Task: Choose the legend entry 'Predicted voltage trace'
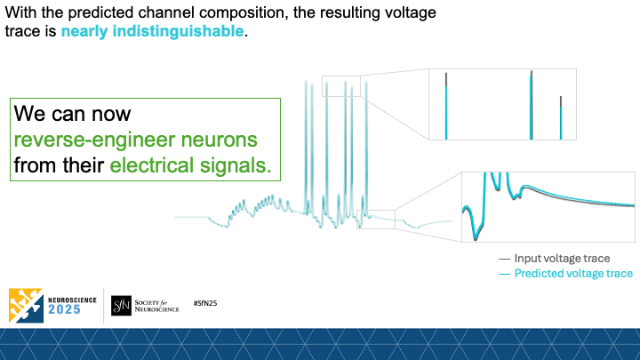[573, 274]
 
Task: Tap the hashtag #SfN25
[205, 304]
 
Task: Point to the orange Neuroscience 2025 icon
[24, 305]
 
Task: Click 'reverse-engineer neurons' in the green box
[135, 140]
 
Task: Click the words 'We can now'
[72, 115]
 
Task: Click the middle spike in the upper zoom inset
[532, 105]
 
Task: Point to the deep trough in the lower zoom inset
[475, 233]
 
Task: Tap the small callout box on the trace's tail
[381, 219]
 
